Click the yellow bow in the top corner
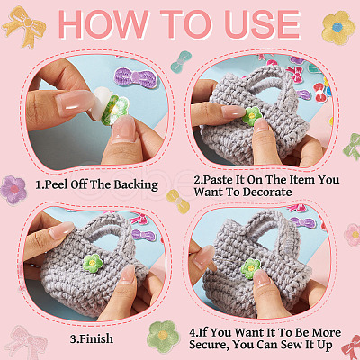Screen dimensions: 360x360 (24, 25)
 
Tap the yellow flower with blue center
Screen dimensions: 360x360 (338, 28)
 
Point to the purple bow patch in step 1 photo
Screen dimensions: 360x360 (136, 78)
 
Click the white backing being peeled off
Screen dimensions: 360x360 (102, 102)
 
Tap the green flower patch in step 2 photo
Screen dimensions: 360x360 (252, 116)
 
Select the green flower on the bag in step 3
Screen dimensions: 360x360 (93, 264)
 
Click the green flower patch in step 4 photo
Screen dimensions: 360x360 (251, 268)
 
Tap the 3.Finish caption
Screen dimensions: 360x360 (92, 338)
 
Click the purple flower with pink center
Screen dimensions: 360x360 (13, 190)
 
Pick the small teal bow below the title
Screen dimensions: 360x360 (181, 62)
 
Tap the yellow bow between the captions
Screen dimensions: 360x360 (178, 202)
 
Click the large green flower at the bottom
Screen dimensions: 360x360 (163, 336)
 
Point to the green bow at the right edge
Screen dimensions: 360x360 (352, 147)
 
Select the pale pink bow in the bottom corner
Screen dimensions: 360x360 (26, 342)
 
